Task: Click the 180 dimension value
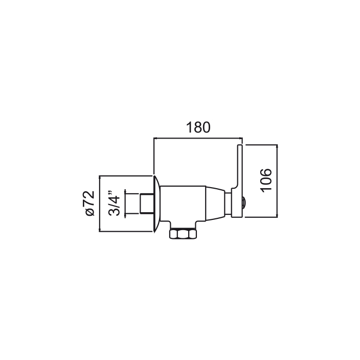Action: click(198, 128)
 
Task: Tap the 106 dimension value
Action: click(266, 181)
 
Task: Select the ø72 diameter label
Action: click(90, 203)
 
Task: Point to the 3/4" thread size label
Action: click(114, 203)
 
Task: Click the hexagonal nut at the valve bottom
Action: click(183, 234)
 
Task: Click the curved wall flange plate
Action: click(156, 204)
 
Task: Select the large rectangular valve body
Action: click(183, 204)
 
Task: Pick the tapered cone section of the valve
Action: click(215, 204)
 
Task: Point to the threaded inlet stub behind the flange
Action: click(146, 204)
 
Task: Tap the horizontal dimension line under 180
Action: click(198, 139)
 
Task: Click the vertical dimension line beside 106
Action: click(277, 181)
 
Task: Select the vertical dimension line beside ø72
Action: click(100, 204)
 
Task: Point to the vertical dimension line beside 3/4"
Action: click(125, 204)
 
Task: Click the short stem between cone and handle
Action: click(228, 204)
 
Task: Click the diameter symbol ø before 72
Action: click(90, 212)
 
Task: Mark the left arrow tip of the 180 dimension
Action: click(154, 139)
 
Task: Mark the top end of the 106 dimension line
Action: click(277, 145)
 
